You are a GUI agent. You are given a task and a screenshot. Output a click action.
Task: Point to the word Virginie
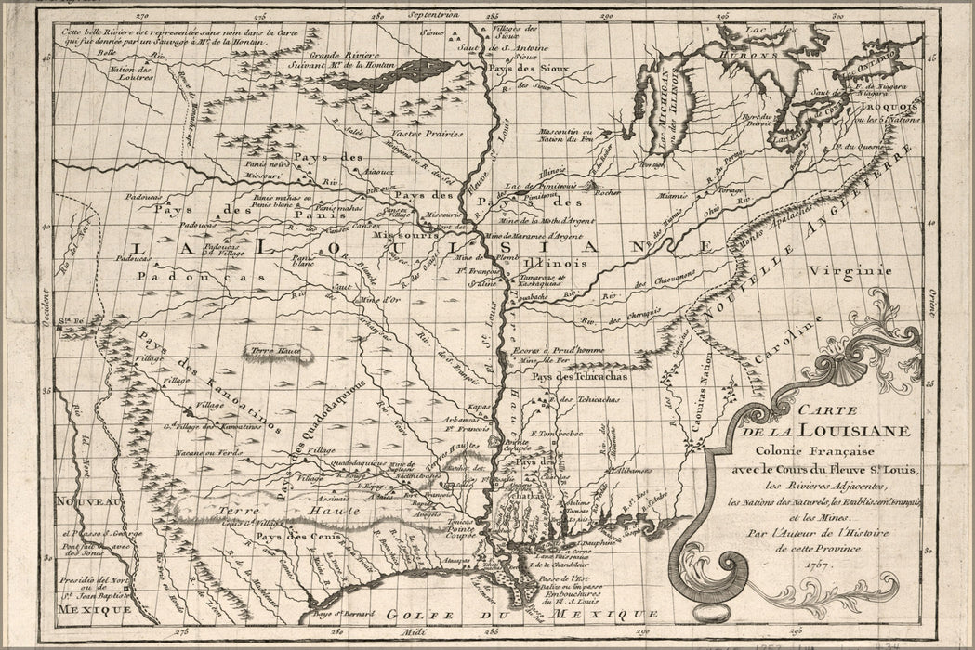850,270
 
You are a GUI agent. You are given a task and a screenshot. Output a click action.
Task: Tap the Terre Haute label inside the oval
268,351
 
